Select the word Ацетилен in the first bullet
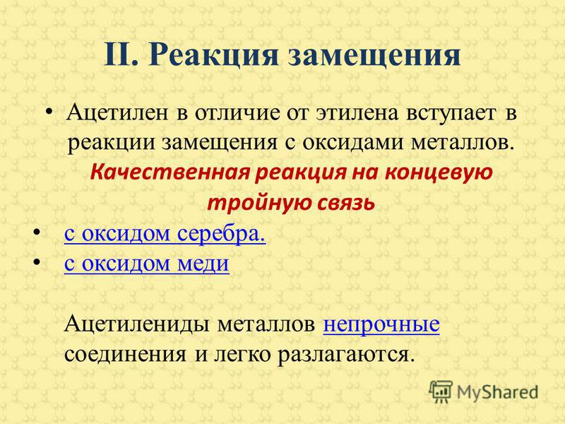[x=117, y=112]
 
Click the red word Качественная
[x=169, y=172]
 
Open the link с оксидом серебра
[x=165, y=234]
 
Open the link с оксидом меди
[x=147, y=264]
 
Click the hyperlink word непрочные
[x=381, y=324]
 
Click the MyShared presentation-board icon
[x=441, y=391]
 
